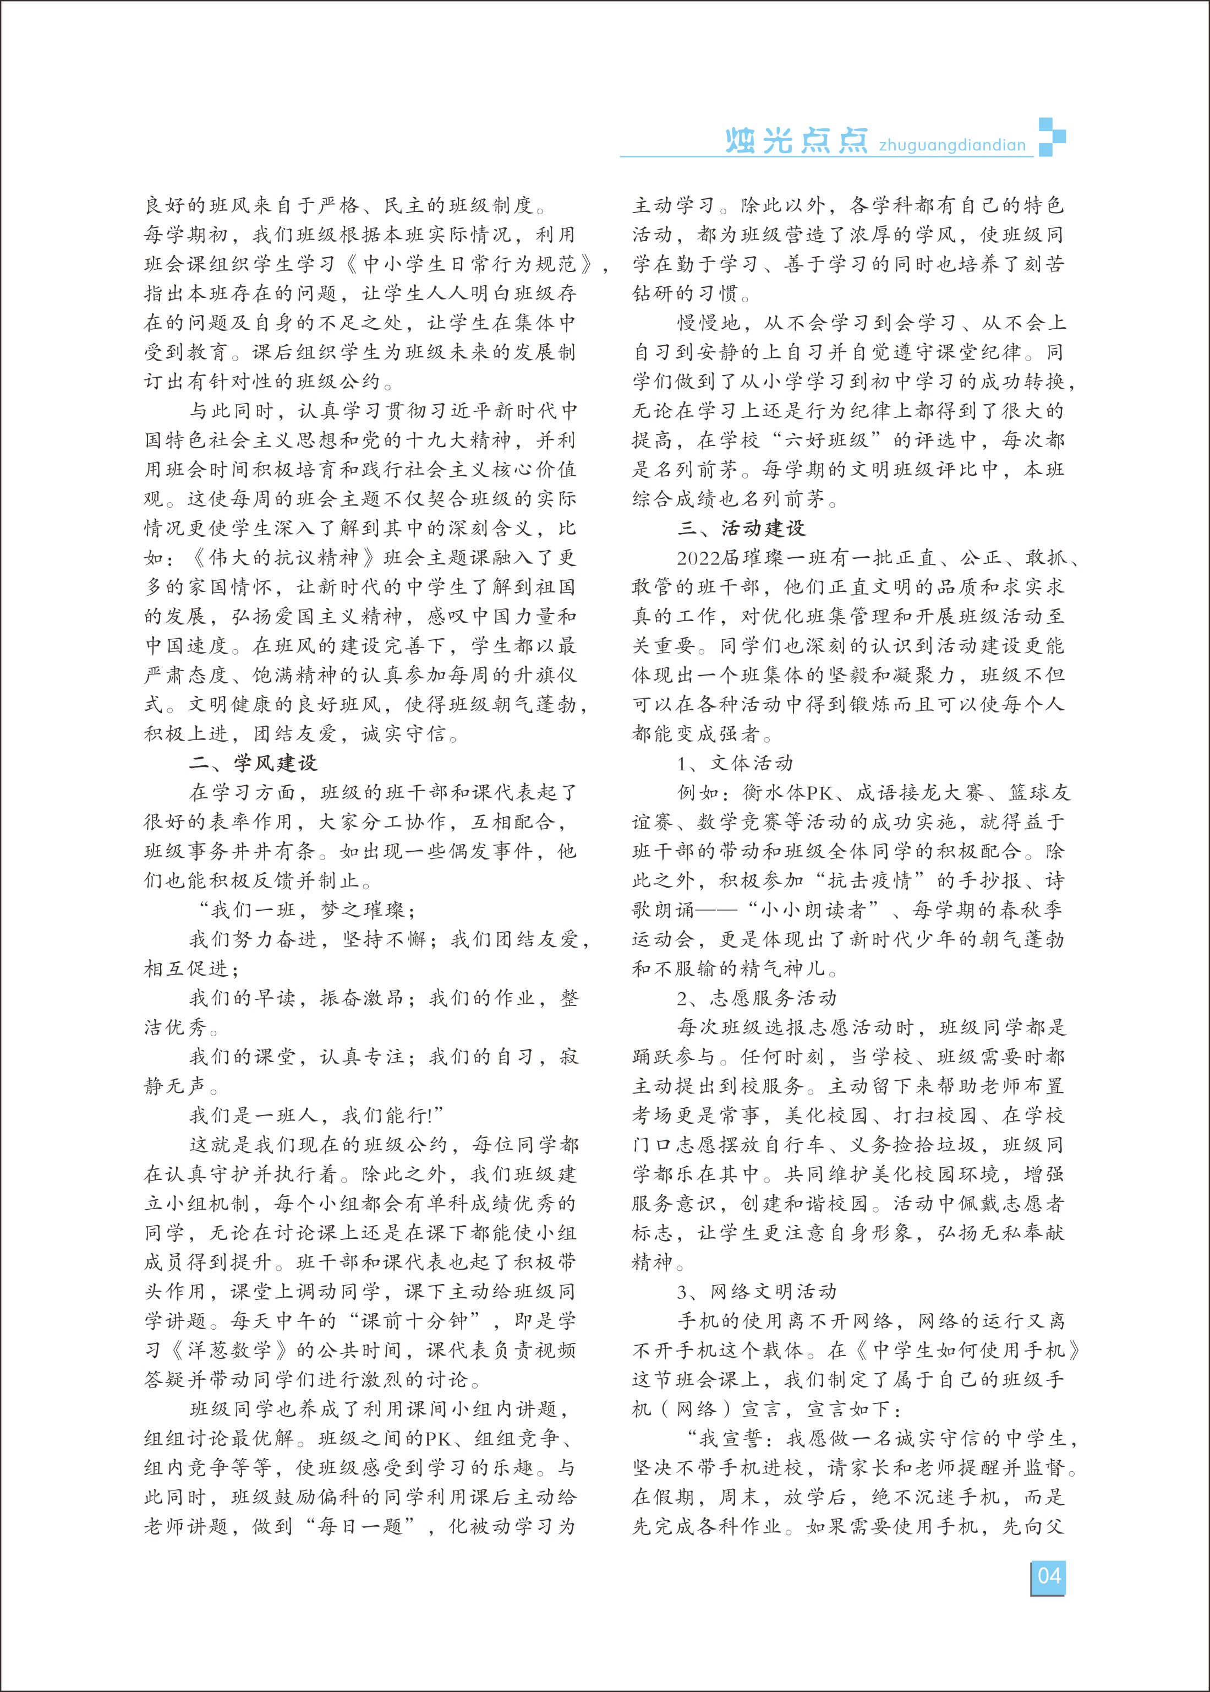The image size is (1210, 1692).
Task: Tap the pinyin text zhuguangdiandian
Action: (x=951, y=145)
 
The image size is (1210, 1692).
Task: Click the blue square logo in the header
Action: (x=1052, y=137)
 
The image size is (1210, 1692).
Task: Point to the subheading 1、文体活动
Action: (x=735, y=763)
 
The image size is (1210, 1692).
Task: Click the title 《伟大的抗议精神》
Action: (x=286, y=558)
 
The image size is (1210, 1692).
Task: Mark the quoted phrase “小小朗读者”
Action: (x=816, y=910)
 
